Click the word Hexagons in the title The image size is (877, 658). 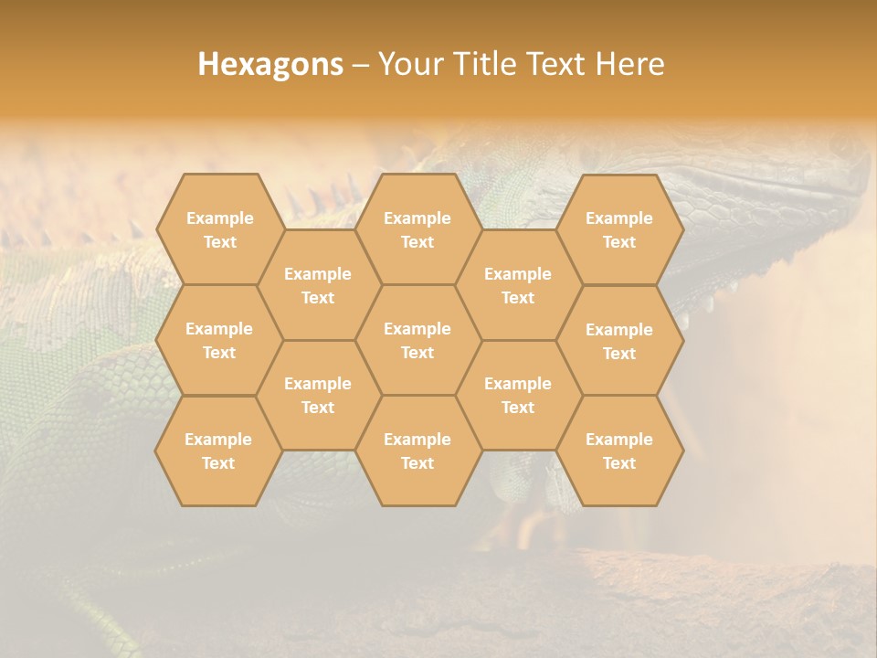point(270,64)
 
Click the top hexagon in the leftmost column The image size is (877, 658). point(219,229)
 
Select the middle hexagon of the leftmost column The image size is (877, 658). point(219,340)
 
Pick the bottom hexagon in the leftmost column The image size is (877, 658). point(218,451)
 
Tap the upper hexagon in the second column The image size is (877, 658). point(318,285)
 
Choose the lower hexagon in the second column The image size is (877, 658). point(318,395)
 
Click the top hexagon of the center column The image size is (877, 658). point(417,229)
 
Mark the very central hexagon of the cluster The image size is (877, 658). point(417,340)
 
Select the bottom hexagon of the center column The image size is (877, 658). point(417,451)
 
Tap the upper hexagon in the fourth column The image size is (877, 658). point(518,285)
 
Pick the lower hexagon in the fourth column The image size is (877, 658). point(518,395)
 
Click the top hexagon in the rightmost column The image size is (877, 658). point(619,229)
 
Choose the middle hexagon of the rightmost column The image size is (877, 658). point(619,341)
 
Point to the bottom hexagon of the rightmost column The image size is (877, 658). point(619,451)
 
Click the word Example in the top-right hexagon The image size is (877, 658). point(619,218)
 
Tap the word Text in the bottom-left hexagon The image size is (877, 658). point(218,463)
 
